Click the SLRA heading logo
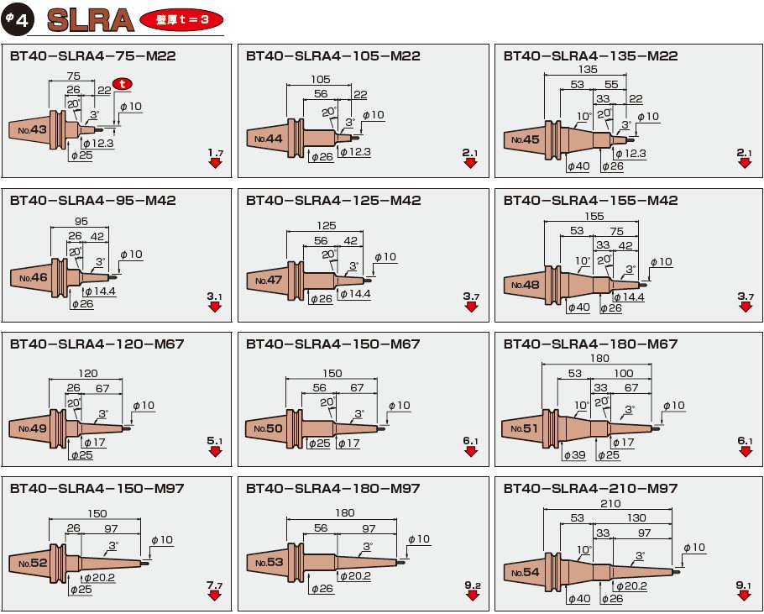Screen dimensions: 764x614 (90, 20)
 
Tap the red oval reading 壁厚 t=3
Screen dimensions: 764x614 (181, 19)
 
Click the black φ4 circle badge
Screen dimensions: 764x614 (18, 19)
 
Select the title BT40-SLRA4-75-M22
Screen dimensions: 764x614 (92, 55)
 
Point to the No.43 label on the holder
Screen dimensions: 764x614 (33, 129)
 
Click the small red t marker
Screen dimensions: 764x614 (123, 84)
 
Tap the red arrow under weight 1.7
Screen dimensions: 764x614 (215, 163)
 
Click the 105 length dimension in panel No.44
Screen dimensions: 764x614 (320, 79)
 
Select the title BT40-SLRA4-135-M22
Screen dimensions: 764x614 (590, 55)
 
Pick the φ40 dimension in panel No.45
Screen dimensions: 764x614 (578, 166)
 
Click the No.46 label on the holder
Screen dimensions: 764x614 (34, 278)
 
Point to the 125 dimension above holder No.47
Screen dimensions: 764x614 (326, 226)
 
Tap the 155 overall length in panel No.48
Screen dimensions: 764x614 (594, 217)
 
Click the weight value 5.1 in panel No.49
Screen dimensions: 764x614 (214, 441)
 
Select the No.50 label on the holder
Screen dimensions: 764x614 (268, 428)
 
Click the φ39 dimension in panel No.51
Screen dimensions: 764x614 (574, 455)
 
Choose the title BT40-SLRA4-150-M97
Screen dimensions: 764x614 (97, 488)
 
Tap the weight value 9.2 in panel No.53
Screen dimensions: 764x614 (472, 585)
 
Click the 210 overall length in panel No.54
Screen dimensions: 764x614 (610, 503)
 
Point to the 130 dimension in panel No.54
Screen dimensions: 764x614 (636, 517)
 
